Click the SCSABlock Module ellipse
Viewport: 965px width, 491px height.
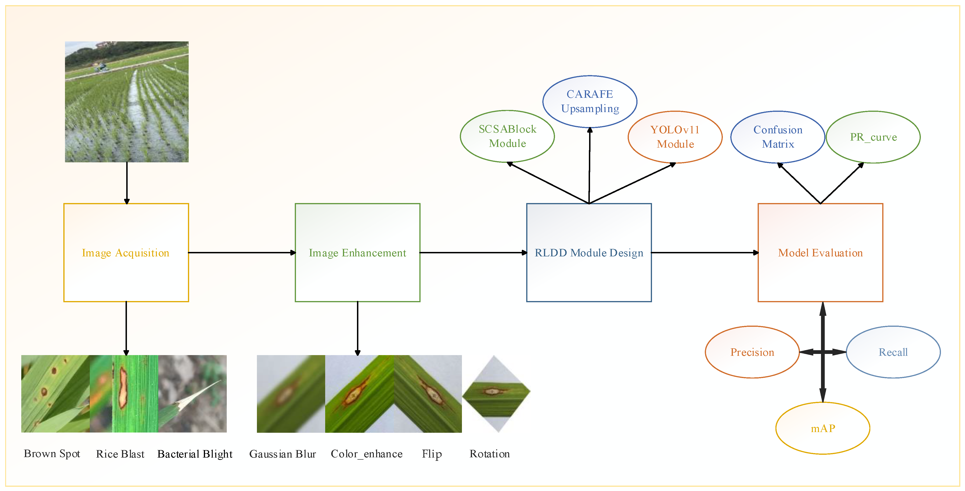(507, 136)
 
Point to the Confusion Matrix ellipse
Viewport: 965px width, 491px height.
(778, 137)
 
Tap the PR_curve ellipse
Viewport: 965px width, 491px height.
(873, 137)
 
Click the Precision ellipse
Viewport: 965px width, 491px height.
(752, 352)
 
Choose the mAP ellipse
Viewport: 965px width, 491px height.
(823, 428)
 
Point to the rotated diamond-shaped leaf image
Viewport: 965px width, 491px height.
(496, 393)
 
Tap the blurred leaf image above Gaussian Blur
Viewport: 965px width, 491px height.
(291, 393)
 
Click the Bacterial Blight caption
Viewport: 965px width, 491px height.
(195, 454)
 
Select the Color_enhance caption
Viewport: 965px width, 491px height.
(366, 454)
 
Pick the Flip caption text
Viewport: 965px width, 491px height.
(432, 454)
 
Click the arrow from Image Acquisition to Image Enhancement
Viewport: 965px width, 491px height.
(242, 253)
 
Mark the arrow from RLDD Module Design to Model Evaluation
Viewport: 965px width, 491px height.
(704, 253)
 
